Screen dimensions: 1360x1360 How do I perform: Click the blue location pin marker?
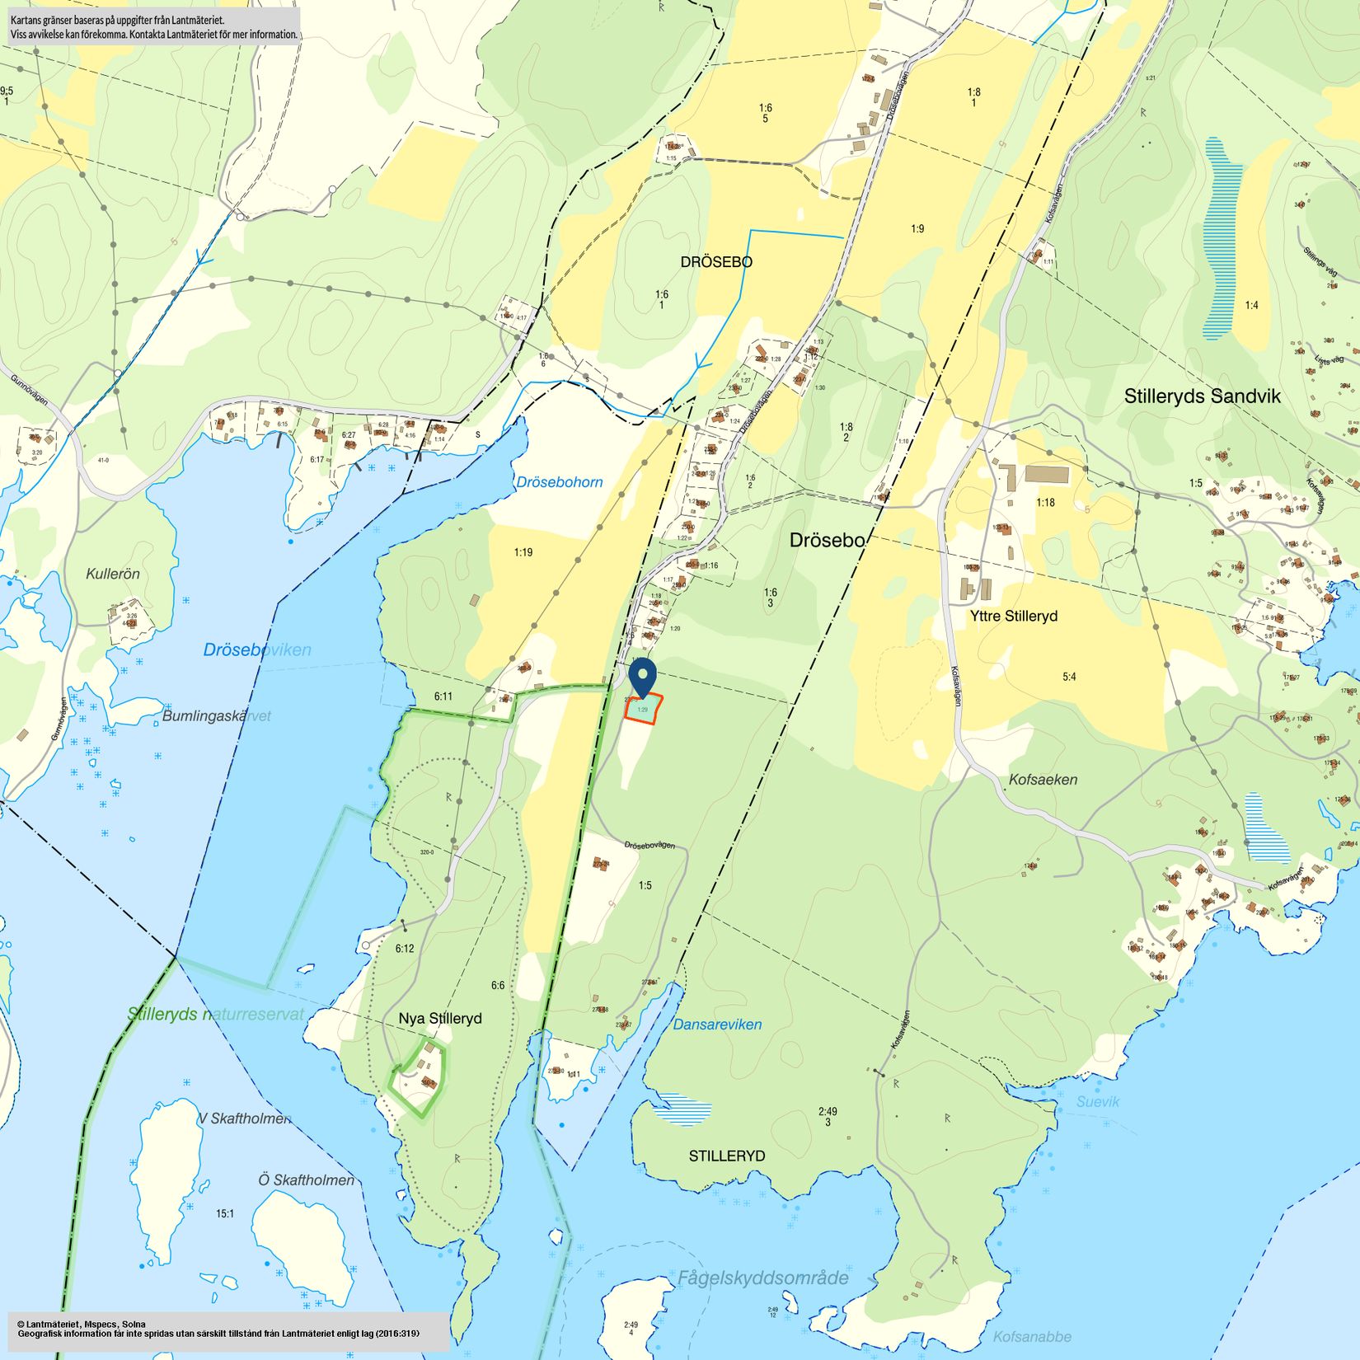click(642, 678)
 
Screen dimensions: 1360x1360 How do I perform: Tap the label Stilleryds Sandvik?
click(1202, 396)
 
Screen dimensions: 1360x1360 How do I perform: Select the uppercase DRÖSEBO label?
click(715, 262)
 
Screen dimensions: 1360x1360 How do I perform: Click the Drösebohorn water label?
click(559, 482)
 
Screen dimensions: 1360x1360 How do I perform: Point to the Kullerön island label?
click(113, 574)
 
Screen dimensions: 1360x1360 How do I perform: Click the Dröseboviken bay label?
click(257, 650)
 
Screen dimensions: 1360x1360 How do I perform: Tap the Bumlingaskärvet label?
click(216, 716)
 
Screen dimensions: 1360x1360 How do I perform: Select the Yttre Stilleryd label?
click(1013, 616)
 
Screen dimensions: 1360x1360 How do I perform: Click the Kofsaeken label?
click(1043, 780)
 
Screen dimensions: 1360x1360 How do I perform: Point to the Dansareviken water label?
click(717, 1025)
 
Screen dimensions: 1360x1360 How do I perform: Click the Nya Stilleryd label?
click(439, 1019)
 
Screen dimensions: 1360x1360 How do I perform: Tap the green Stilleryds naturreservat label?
click(216, 1015)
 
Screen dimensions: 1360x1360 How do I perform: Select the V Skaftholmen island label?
click(244, 1118)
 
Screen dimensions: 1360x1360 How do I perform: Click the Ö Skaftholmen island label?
click(306, 1180)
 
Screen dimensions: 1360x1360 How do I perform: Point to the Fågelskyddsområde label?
click(762, 1278)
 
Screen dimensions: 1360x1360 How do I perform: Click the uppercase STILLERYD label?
click(726, 1156)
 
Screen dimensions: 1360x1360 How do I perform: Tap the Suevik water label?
click(1098, 1102)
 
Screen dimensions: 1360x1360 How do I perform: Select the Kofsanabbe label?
click(1032, 1337)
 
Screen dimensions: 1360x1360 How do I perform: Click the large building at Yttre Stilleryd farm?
click(1046, 475)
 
